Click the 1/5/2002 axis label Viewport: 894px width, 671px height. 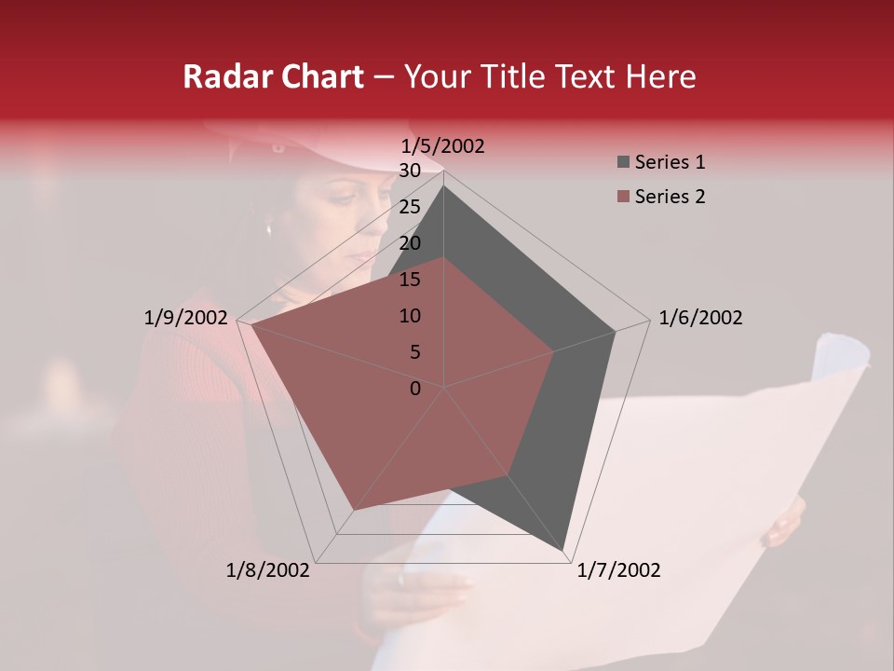[x=443, y=146]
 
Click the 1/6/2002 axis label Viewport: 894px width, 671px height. [x=700, y=318]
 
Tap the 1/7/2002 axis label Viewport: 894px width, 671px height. [x=618, y=570]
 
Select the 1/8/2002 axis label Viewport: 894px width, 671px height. [x=268, y=570]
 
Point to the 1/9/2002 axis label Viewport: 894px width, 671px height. [x=186, y=318]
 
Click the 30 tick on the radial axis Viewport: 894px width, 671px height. [x=410, y=171]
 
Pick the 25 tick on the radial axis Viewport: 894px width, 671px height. [x=410, y=207]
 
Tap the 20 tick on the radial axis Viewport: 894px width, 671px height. [x=410, y=243]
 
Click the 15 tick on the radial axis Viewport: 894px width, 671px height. [x=410, y=280]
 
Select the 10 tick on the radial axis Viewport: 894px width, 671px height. [x=410, y=316]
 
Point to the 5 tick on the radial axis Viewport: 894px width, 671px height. [x=415, y=352]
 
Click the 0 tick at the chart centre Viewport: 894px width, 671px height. [x=415, y=389]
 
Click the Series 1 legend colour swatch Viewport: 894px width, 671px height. [x=623, y=163]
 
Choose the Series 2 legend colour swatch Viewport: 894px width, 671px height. [x=623, y=197]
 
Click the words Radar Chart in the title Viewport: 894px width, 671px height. [x=273, y=76]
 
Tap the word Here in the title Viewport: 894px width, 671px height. [x=661, y=76]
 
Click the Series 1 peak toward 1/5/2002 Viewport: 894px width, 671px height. [x=443, y=186]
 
